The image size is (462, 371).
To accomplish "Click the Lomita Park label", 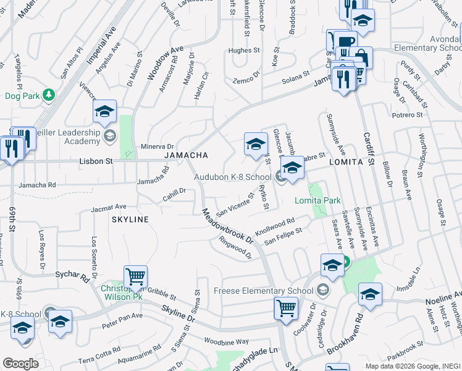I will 318,201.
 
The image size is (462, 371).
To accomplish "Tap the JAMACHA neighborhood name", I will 185,155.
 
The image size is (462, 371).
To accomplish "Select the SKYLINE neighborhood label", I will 130,220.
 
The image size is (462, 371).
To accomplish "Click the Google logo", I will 20,363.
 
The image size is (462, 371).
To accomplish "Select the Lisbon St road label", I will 96,161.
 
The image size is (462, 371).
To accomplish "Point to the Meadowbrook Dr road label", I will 228,226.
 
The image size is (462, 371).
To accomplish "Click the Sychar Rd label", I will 72,275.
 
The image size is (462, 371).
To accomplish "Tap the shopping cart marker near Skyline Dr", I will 286,307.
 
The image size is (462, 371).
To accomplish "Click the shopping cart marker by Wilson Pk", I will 135,276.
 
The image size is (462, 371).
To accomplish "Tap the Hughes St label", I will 243,51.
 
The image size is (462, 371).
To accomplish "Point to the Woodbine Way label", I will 226,341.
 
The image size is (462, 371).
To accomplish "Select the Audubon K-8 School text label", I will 233,177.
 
